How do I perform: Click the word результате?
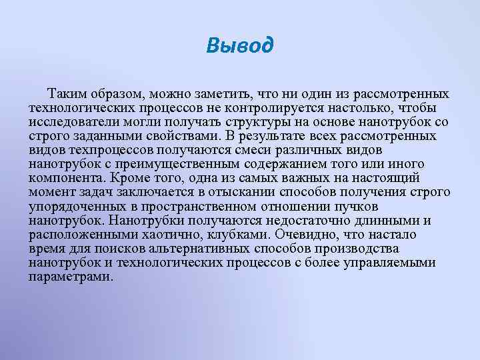(287, 137)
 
